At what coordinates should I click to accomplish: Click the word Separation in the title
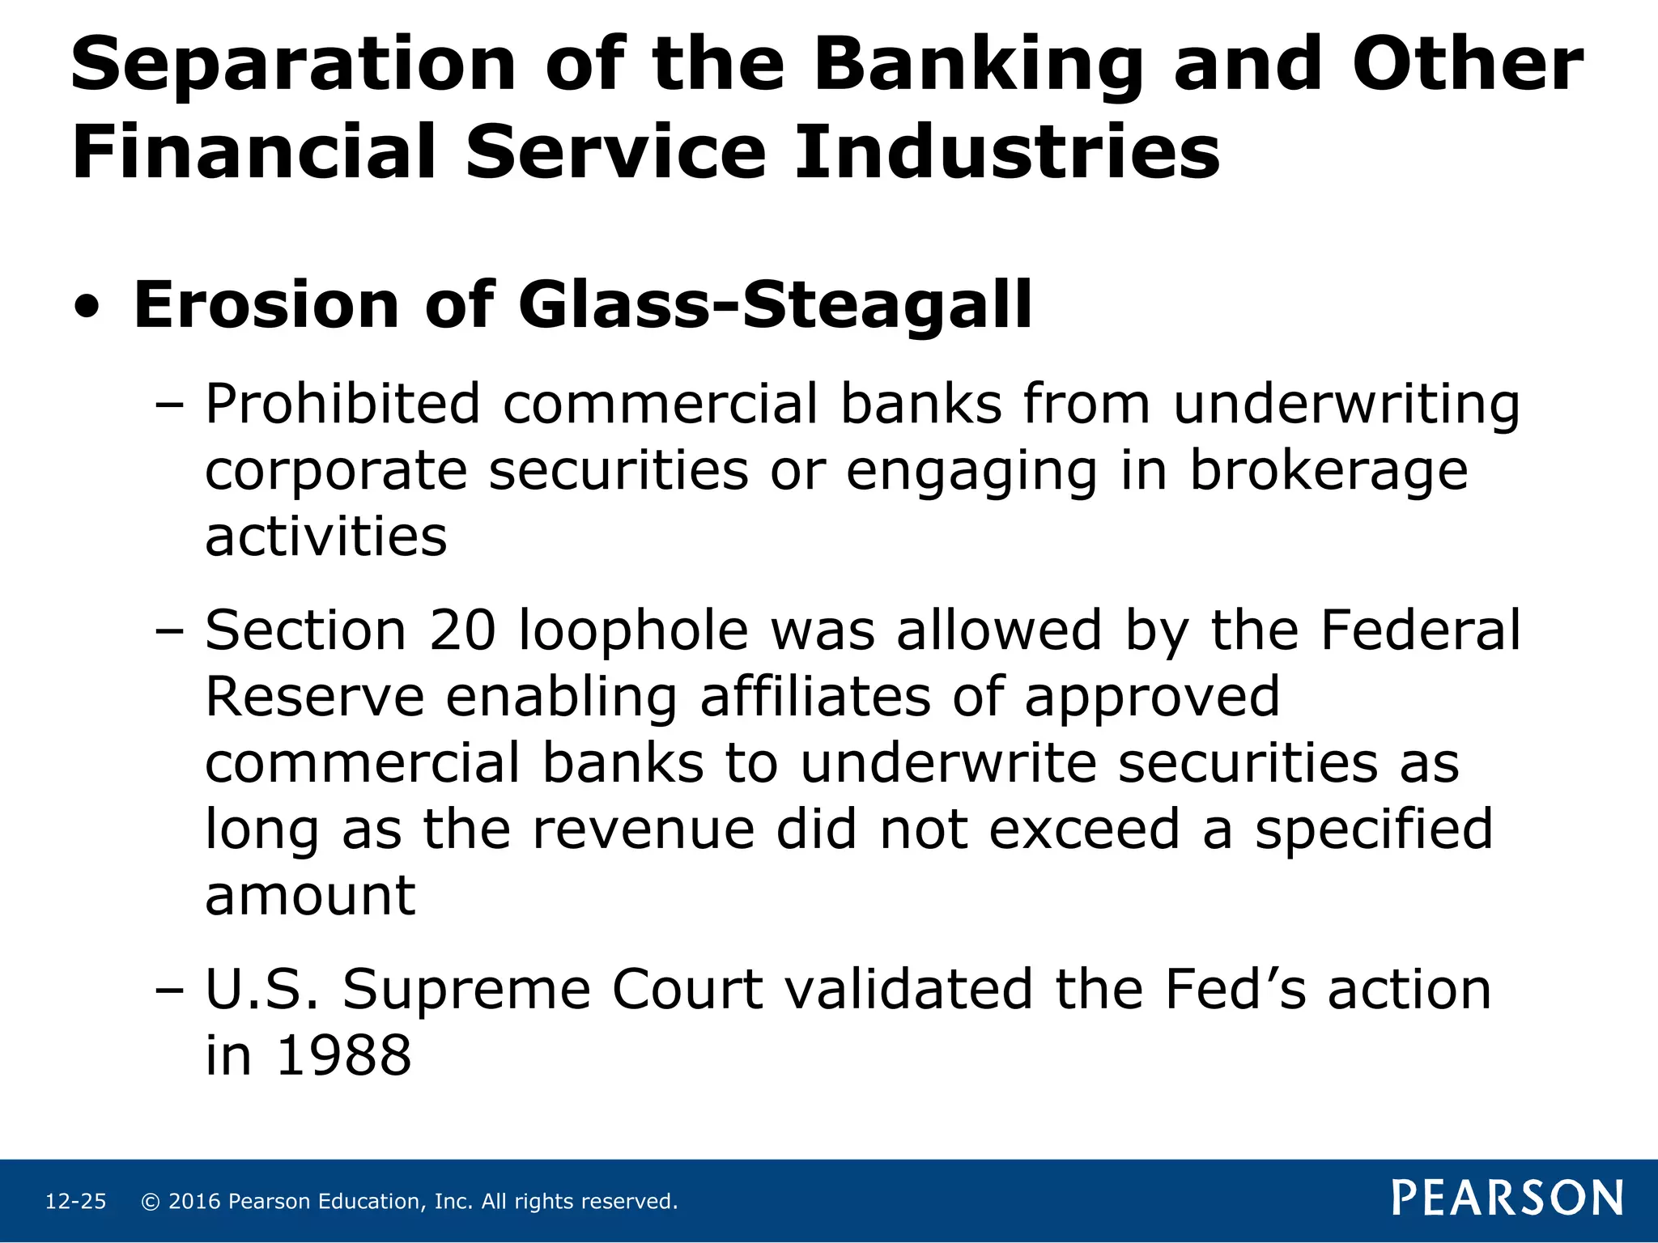click(293, 65)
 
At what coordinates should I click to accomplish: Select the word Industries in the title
click(1006, 152)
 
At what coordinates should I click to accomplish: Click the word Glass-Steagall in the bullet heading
click(775, 305)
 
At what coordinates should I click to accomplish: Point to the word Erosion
click(266, 305)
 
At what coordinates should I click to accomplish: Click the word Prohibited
click(342, 404)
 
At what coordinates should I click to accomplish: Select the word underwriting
click(1346, 405)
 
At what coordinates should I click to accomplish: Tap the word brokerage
click(1329, 471)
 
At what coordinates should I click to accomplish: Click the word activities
click(325, 537)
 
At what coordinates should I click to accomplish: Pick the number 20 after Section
click(462, 630)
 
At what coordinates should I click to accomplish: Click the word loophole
click(633, 632)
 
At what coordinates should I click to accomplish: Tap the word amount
click(310, 896)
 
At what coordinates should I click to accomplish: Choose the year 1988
click(344, 1056)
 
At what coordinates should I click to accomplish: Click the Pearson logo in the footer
click(1507, 1198)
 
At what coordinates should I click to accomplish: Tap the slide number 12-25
click(75, 1202)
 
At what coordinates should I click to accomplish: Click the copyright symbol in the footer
click(150, 1202)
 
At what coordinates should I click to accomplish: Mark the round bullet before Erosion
click(87, 308)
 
